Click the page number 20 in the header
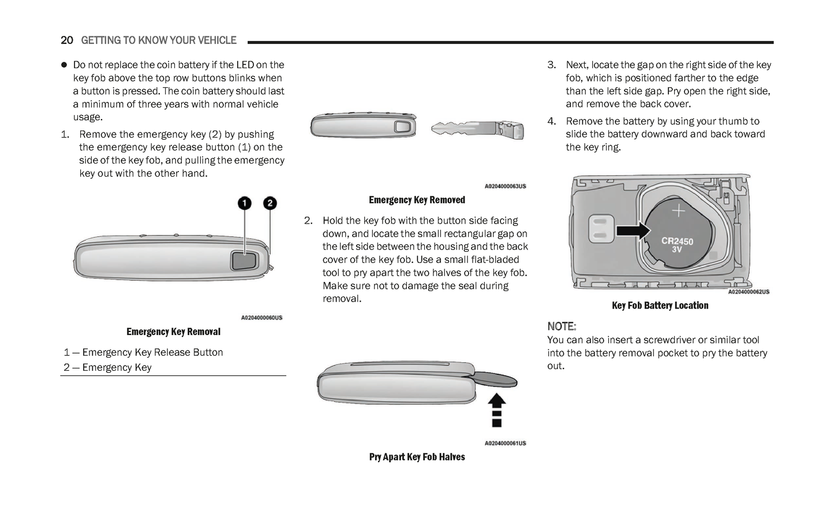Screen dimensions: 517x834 tap(67, 40)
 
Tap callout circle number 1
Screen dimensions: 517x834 tap(245, 203)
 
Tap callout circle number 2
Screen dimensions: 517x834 tap(270, 203)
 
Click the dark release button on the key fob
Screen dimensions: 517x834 tap(244, 261)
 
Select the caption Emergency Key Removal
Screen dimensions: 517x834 tap(173, 332)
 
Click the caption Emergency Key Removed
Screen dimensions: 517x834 tap(417, 200)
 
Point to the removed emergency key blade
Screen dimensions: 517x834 tap(477, 129)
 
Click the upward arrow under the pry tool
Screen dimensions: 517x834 tap(497, 410)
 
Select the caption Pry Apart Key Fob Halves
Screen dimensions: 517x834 tap(417, 457)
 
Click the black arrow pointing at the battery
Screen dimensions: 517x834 tap(633, 230)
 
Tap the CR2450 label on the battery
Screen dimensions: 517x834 tap(677, 241)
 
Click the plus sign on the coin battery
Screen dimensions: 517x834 tap(679, 211)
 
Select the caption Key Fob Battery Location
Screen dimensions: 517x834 tap(660, 306)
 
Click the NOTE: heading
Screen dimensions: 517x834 tap(562, 326)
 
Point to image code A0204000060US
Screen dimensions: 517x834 tap(261, 318)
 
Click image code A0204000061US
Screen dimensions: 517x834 tap(505, 444)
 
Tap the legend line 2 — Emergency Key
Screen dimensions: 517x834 tap(108, 367)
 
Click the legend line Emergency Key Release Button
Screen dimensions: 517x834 tap(144, 352)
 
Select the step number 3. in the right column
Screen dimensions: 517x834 tap(552, 65)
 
